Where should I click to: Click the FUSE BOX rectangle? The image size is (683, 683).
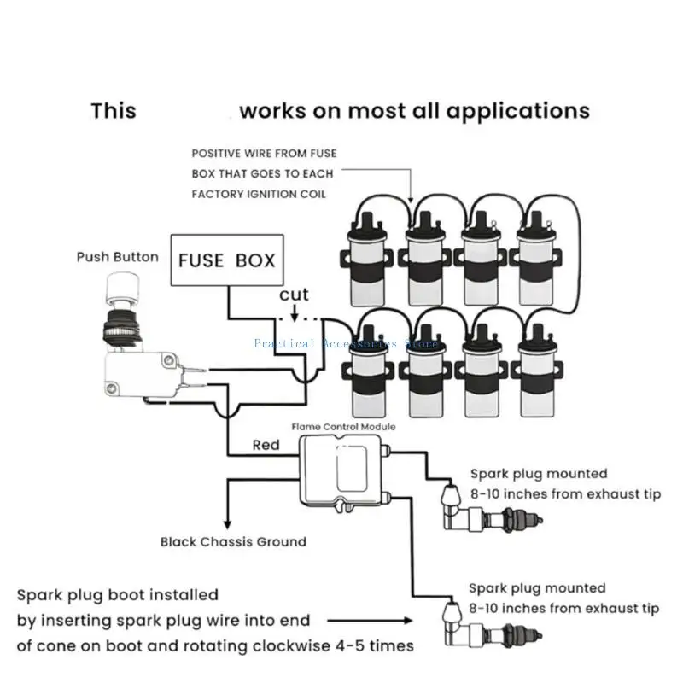click(226, 259)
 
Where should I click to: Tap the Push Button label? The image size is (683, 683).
click(117, 256)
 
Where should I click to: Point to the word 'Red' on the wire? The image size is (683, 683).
click(266, 445)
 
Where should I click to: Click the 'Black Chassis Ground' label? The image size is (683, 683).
click(233, 541)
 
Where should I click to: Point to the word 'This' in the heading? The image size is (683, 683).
click(114, 111)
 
